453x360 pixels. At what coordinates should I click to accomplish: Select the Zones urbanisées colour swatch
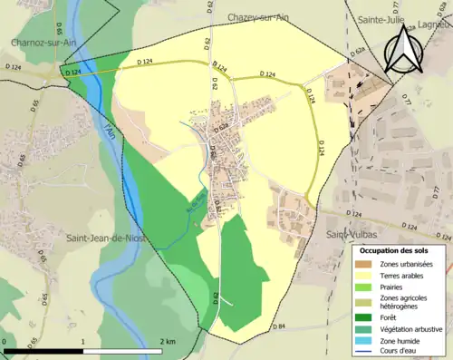tap(364, 263)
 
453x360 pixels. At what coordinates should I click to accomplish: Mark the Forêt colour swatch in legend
tap(364, 319)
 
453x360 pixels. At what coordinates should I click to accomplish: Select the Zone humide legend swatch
tap(364, 344)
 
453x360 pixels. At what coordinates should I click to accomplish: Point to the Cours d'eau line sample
tap(364, 355)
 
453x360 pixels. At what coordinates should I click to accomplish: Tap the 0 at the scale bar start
tap(5, 341)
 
